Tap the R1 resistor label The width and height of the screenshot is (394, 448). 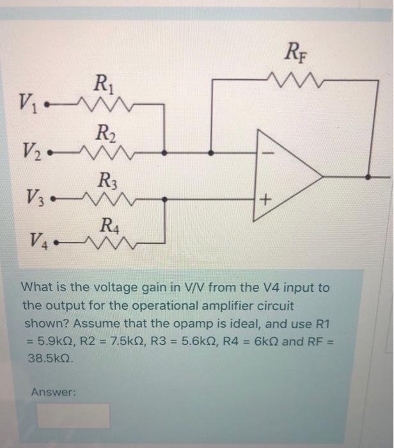tap(102, 84)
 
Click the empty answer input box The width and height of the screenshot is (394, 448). tap(73, 415)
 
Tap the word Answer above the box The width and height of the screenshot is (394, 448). tap(53, 393)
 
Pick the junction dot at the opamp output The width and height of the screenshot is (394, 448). tap(368, 177)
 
